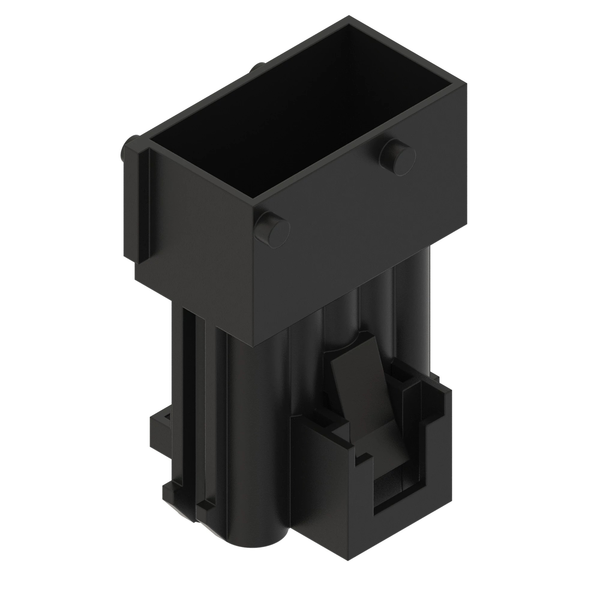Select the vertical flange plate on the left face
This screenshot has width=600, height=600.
pyautogui.click(x=136, y=205)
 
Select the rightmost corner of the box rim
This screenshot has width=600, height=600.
pyautogui.click(x=467, y=85)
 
